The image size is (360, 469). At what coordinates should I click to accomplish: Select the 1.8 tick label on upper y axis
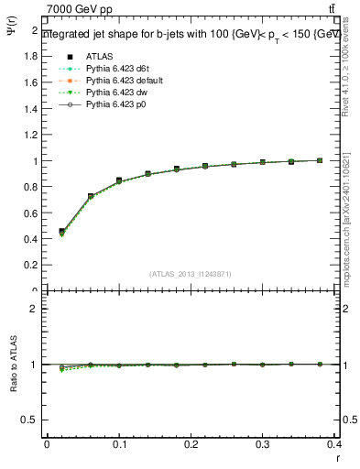30,57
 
